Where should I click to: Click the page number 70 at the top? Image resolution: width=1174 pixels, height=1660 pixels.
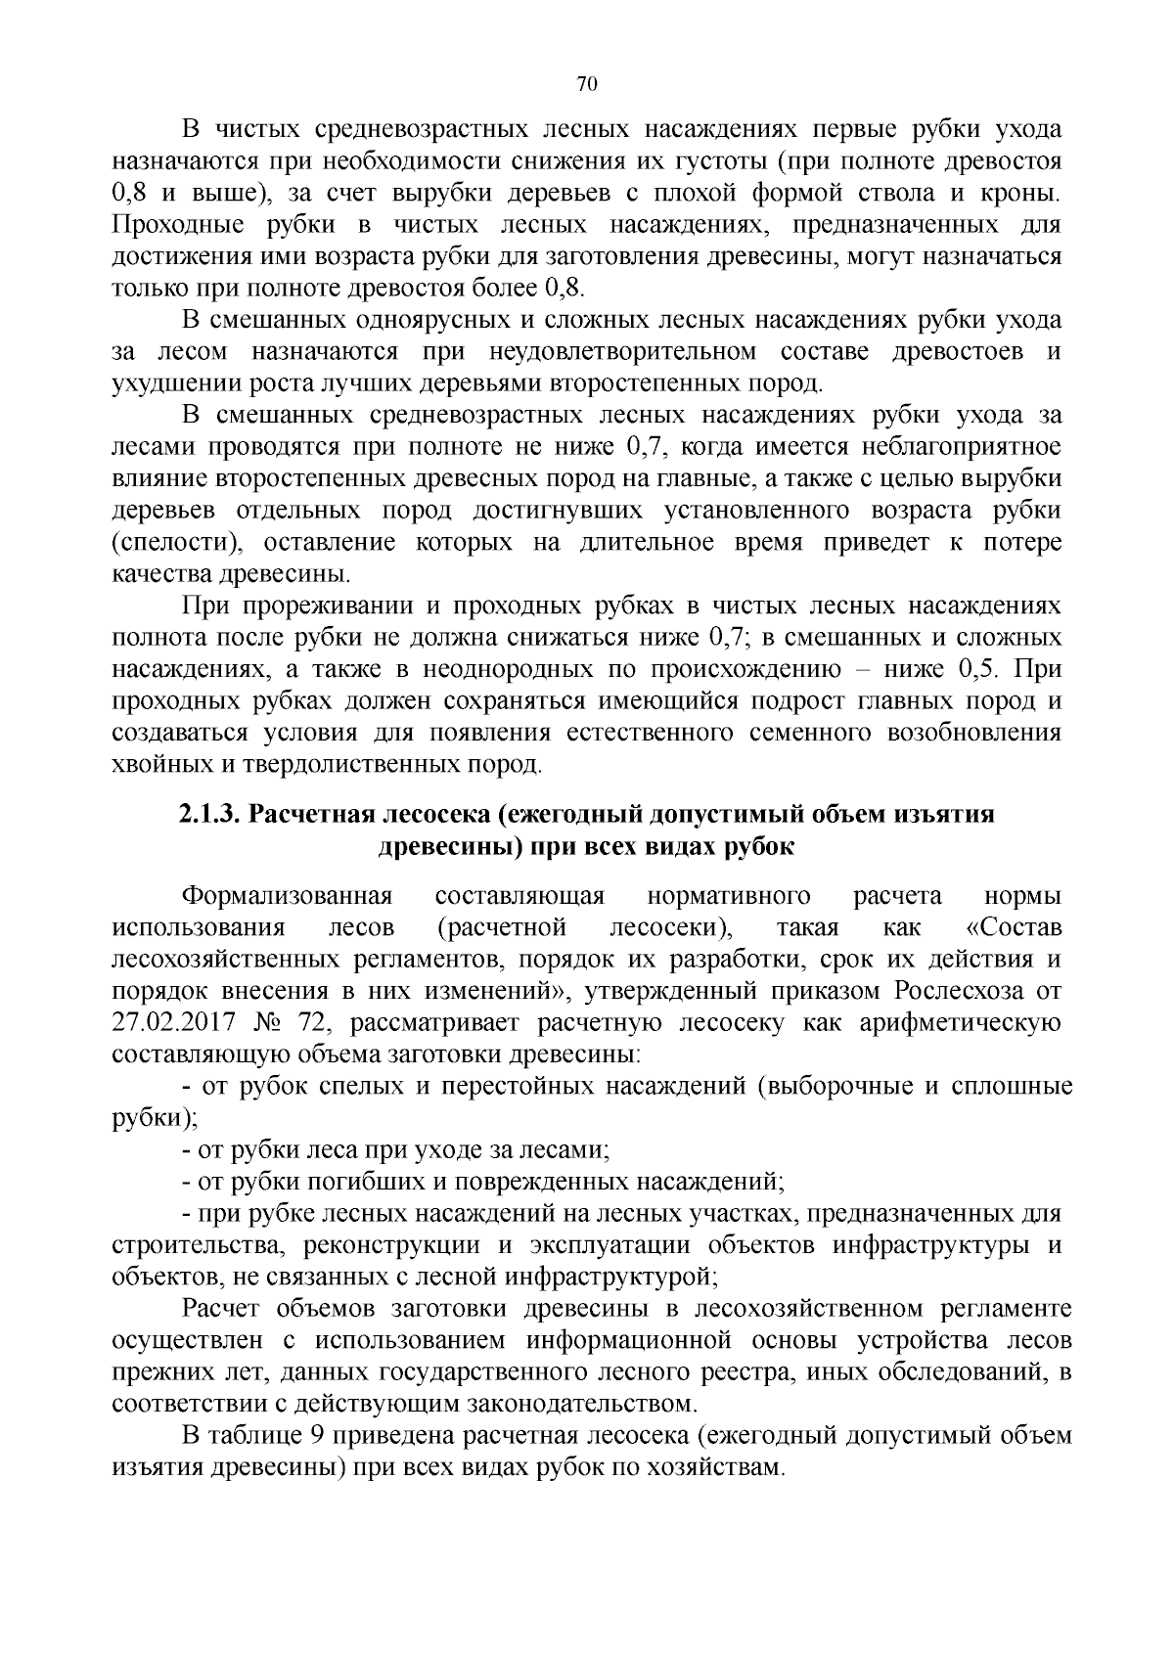click(x=587, y=84)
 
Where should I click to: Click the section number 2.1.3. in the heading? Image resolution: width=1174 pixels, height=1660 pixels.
click(x=209, y=814)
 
